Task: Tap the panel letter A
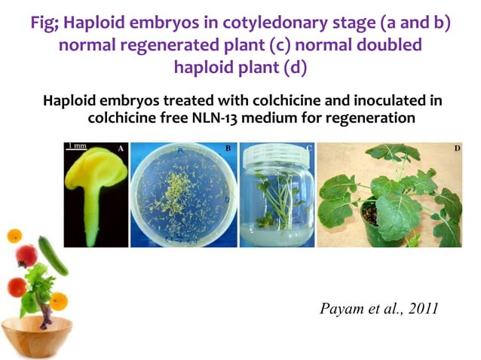[121, 149]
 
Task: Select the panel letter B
[228, 148]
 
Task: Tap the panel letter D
[456, 148]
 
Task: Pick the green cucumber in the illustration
[54, 257]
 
